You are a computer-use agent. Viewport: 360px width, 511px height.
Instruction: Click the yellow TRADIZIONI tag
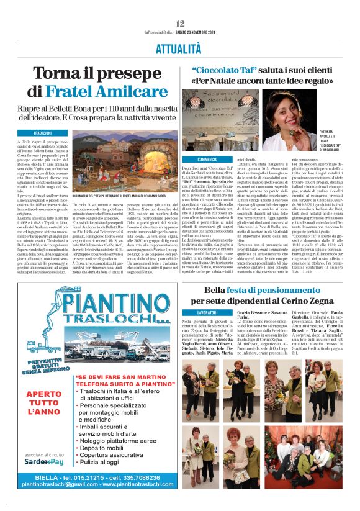(x=43, y=133)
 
